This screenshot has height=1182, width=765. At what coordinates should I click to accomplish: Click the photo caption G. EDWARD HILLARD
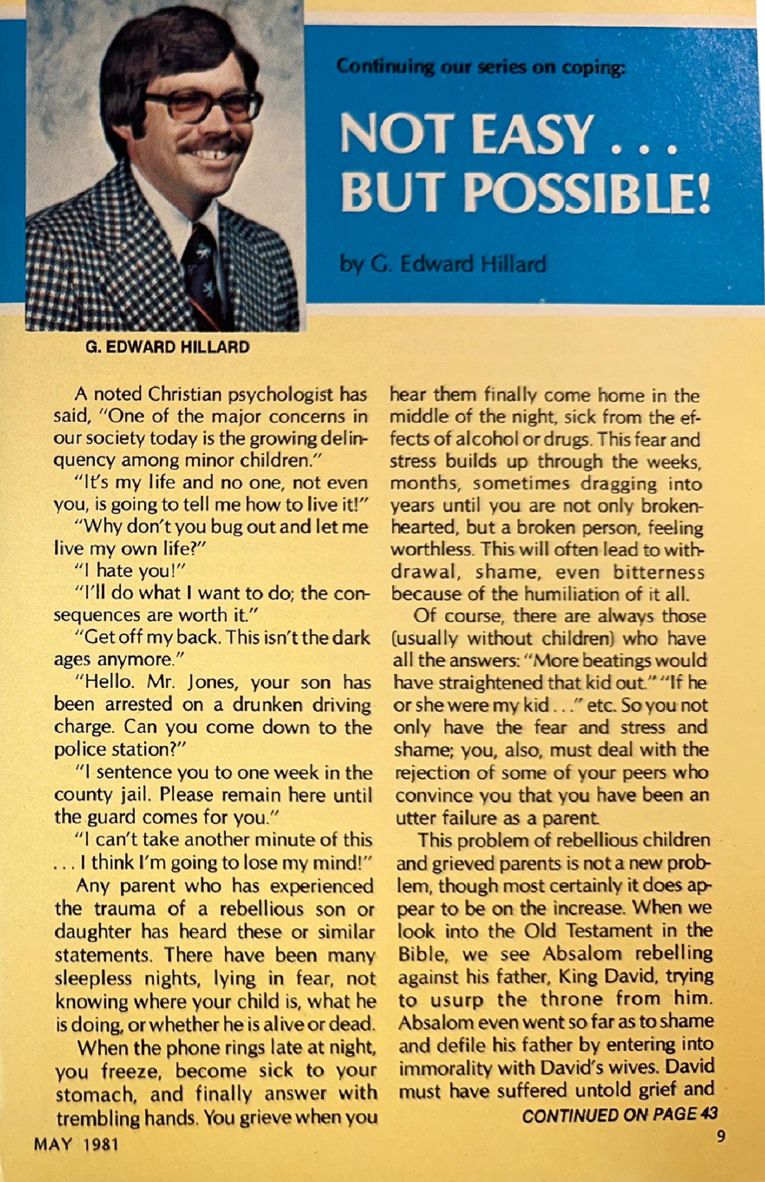point(167,347)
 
